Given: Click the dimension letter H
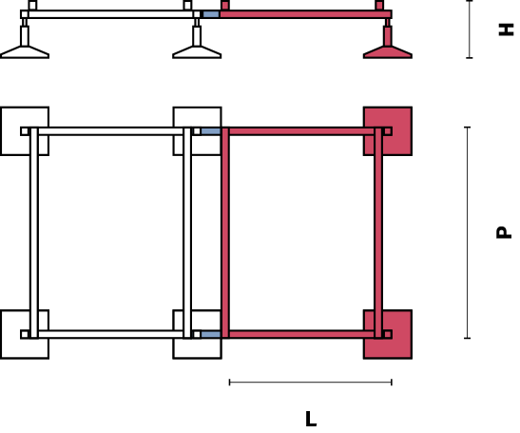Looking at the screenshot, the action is pyautogui.click(x=506, y=30).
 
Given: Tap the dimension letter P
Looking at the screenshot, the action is pyautogui.click(x=504, y=232).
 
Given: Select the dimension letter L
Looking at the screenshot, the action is pyautogui.click(x=311, y=419).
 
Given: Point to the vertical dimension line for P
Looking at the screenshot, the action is pyautogui.click(x=468, y=232).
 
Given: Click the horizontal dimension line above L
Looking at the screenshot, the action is pyautogui.click(x=311, y=383).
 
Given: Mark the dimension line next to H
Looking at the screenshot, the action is pyautogui.click(x=470, y=30).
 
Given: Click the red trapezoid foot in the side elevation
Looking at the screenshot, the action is pyautogui.click(x=388, y=52).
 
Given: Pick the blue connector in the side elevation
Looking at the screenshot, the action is pyautogui.click(x=211, y=14).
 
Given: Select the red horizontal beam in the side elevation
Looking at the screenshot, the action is pyautogui.click(x=305, y=14).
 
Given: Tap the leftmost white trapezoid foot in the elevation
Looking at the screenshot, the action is pyautogui.click(x=25, y=52).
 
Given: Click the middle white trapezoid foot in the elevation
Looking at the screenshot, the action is pyautogui.click(x=197, y=52).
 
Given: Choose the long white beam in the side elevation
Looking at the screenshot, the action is pyautogui.click(x=111, y=14).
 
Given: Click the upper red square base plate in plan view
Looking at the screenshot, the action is pyautogui.click(x=388, y=131).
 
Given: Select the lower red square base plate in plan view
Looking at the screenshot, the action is pyautogui.click(x=388, y=334).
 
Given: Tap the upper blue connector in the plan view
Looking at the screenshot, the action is pyautogui.click(x=211, y=131).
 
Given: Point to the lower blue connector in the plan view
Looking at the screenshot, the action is pyautogui.click(x=211, y=334).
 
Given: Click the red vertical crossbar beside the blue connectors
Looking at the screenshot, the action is pyautogui.click(x=225, y=233).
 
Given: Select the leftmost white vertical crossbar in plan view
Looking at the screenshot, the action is pyautogui.click(x=34, y=233).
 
